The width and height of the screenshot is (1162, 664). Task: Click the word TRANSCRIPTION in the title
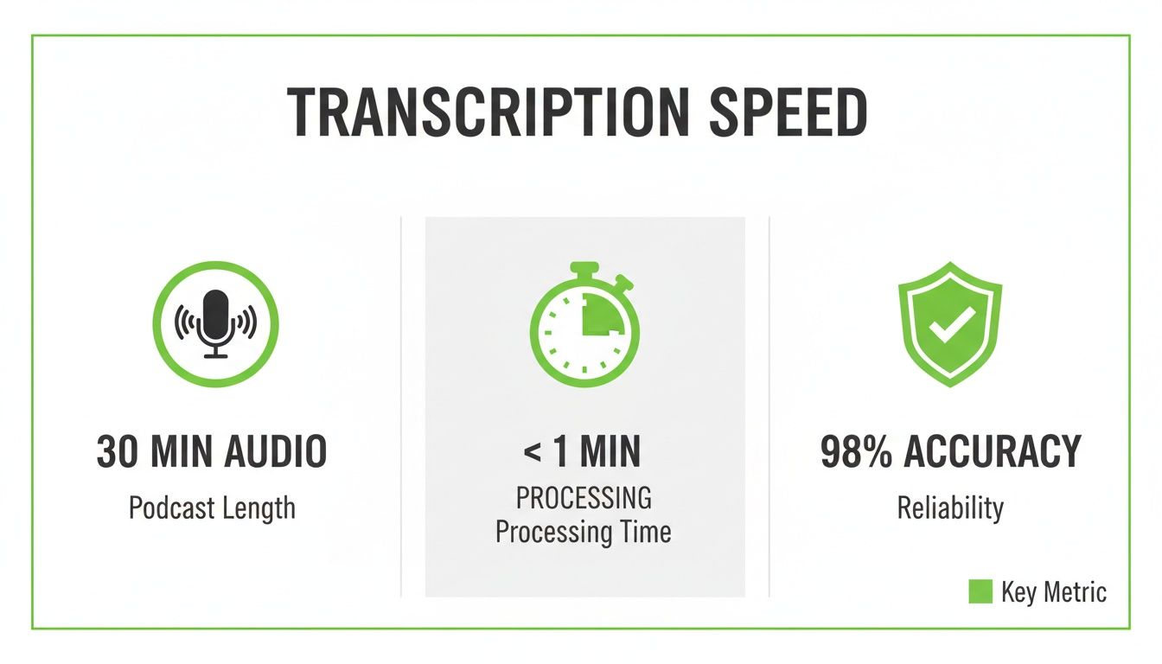tap(472, 113)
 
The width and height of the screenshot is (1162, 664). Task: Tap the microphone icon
tap(215, 322)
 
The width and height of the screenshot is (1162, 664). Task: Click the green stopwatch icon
tap(584, 325)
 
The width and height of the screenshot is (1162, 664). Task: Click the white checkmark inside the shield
tap(950, 325)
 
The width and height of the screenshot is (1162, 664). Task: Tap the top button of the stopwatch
tap(584, 269)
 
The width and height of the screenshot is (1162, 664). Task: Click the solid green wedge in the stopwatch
tap(601, 314)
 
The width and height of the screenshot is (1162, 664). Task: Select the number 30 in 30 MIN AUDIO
tap(118, 452)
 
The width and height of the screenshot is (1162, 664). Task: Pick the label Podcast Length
tap(212, 508)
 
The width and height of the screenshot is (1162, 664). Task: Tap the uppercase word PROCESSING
tap(584, 498)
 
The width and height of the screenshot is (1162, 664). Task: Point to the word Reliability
tap(950, 508)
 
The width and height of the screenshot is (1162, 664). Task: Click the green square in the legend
tap(980, 591)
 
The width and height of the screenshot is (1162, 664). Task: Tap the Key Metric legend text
tap(1053, 592)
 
